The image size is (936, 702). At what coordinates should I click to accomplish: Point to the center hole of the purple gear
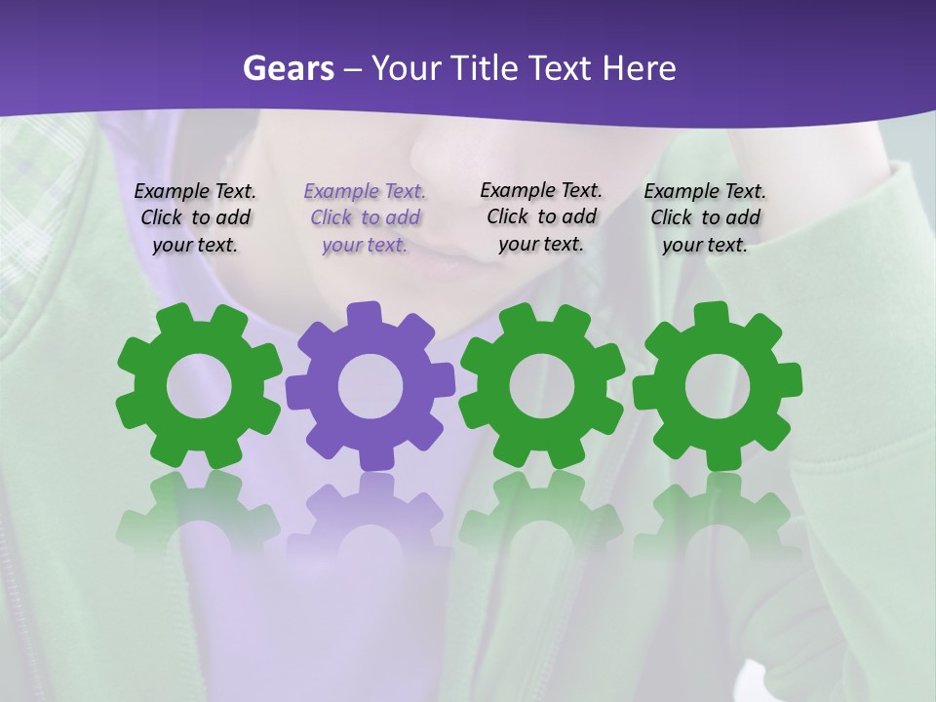click(x=370, y=386)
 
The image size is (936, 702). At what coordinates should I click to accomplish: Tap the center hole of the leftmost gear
click(x=199, y=387)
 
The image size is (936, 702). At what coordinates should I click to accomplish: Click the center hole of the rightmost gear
click(x=717, y=387)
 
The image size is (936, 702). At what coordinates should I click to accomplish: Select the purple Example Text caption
click(x=365, y=218)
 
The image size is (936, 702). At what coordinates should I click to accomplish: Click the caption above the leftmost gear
click(x=195, y=218)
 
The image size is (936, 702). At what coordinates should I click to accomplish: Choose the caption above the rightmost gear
click(x=705, y=218)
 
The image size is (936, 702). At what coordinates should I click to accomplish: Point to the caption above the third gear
click(x=541, y=216)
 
